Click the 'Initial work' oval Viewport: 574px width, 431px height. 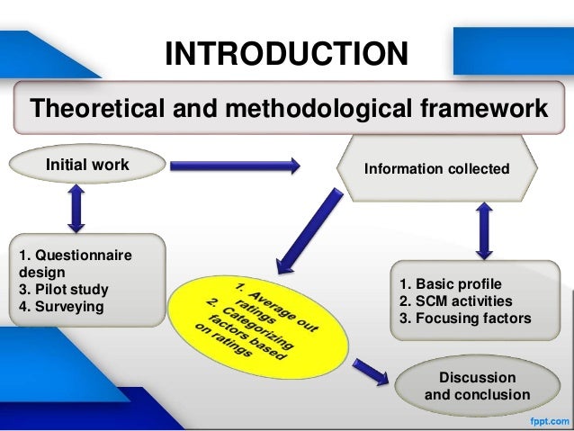point(87,165)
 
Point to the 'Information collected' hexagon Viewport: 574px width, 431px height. point(436,168)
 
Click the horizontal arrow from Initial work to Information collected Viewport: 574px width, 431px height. point(235,165)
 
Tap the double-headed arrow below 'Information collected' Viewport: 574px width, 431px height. point(484,229)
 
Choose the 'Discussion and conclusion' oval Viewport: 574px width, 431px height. point(477,386)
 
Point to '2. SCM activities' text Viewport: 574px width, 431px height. point(456,301)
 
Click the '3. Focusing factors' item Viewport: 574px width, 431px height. point(465,319)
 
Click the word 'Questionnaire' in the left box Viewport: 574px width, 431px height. point(83,256)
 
